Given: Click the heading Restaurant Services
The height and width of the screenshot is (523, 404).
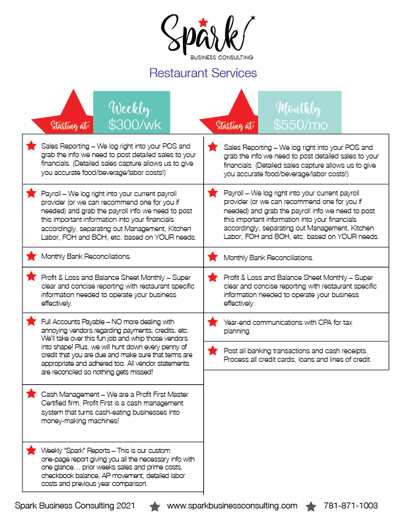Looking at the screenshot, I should coord(203,73).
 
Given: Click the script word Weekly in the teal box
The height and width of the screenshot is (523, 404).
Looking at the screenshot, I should coord(130,108).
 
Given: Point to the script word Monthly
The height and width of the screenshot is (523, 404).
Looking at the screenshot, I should coord(299,108).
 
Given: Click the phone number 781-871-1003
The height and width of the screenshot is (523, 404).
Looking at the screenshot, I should coord(351,506).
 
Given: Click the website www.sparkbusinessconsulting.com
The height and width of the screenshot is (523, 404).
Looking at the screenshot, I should coord(232,506).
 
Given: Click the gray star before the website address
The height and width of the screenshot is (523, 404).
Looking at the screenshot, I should coord(154,506).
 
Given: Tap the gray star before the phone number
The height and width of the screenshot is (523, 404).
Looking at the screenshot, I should coord(310,506).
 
